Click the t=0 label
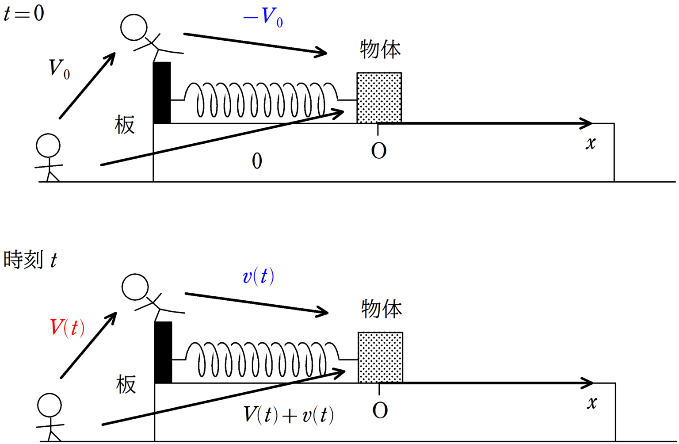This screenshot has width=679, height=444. pyautogui.click(x=24, y=13)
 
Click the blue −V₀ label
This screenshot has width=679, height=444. pyautogui.click(x=263, y=18)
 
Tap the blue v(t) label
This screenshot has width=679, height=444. pyautogui.click(x=259, y=276)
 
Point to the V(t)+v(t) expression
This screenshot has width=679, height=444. pyautogui.click(x=289, y=415)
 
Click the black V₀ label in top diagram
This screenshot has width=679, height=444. pyautogui.click(x=59, y=69)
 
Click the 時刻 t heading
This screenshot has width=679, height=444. pyautogui.click(x=30, y=260)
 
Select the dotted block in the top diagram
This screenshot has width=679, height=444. pyautogui.click(x=379, y=98)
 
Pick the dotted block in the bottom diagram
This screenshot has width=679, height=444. pyautogui.click(x=380, y=357)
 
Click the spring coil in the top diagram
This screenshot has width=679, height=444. pyautogui.click(x=261, y=100)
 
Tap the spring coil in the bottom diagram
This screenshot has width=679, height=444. pyautogui.click(x=262, y=359)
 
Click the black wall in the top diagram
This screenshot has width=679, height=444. pyautogui.click(x=162, y=92)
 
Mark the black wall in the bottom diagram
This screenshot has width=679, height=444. pyautogui.click(x=163, y=352)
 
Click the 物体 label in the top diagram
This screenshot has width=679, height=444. pyautogui.click(x=380, y=49)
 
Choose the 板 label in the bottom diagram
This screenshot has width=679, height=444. pyautogui.click(x=126, y=384)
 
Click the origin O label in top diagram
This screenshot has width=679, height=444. pyautogui.click(x=379, y=151)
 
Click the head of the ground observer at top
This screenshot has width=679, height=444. pyautogui.click(x=48, y=145)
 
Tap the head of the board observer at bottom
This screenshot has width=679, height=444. pyautogui.click(x=135, y=287)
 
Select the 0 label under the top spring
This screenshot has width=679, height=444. pyautogui.click(x=257, y=161)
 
